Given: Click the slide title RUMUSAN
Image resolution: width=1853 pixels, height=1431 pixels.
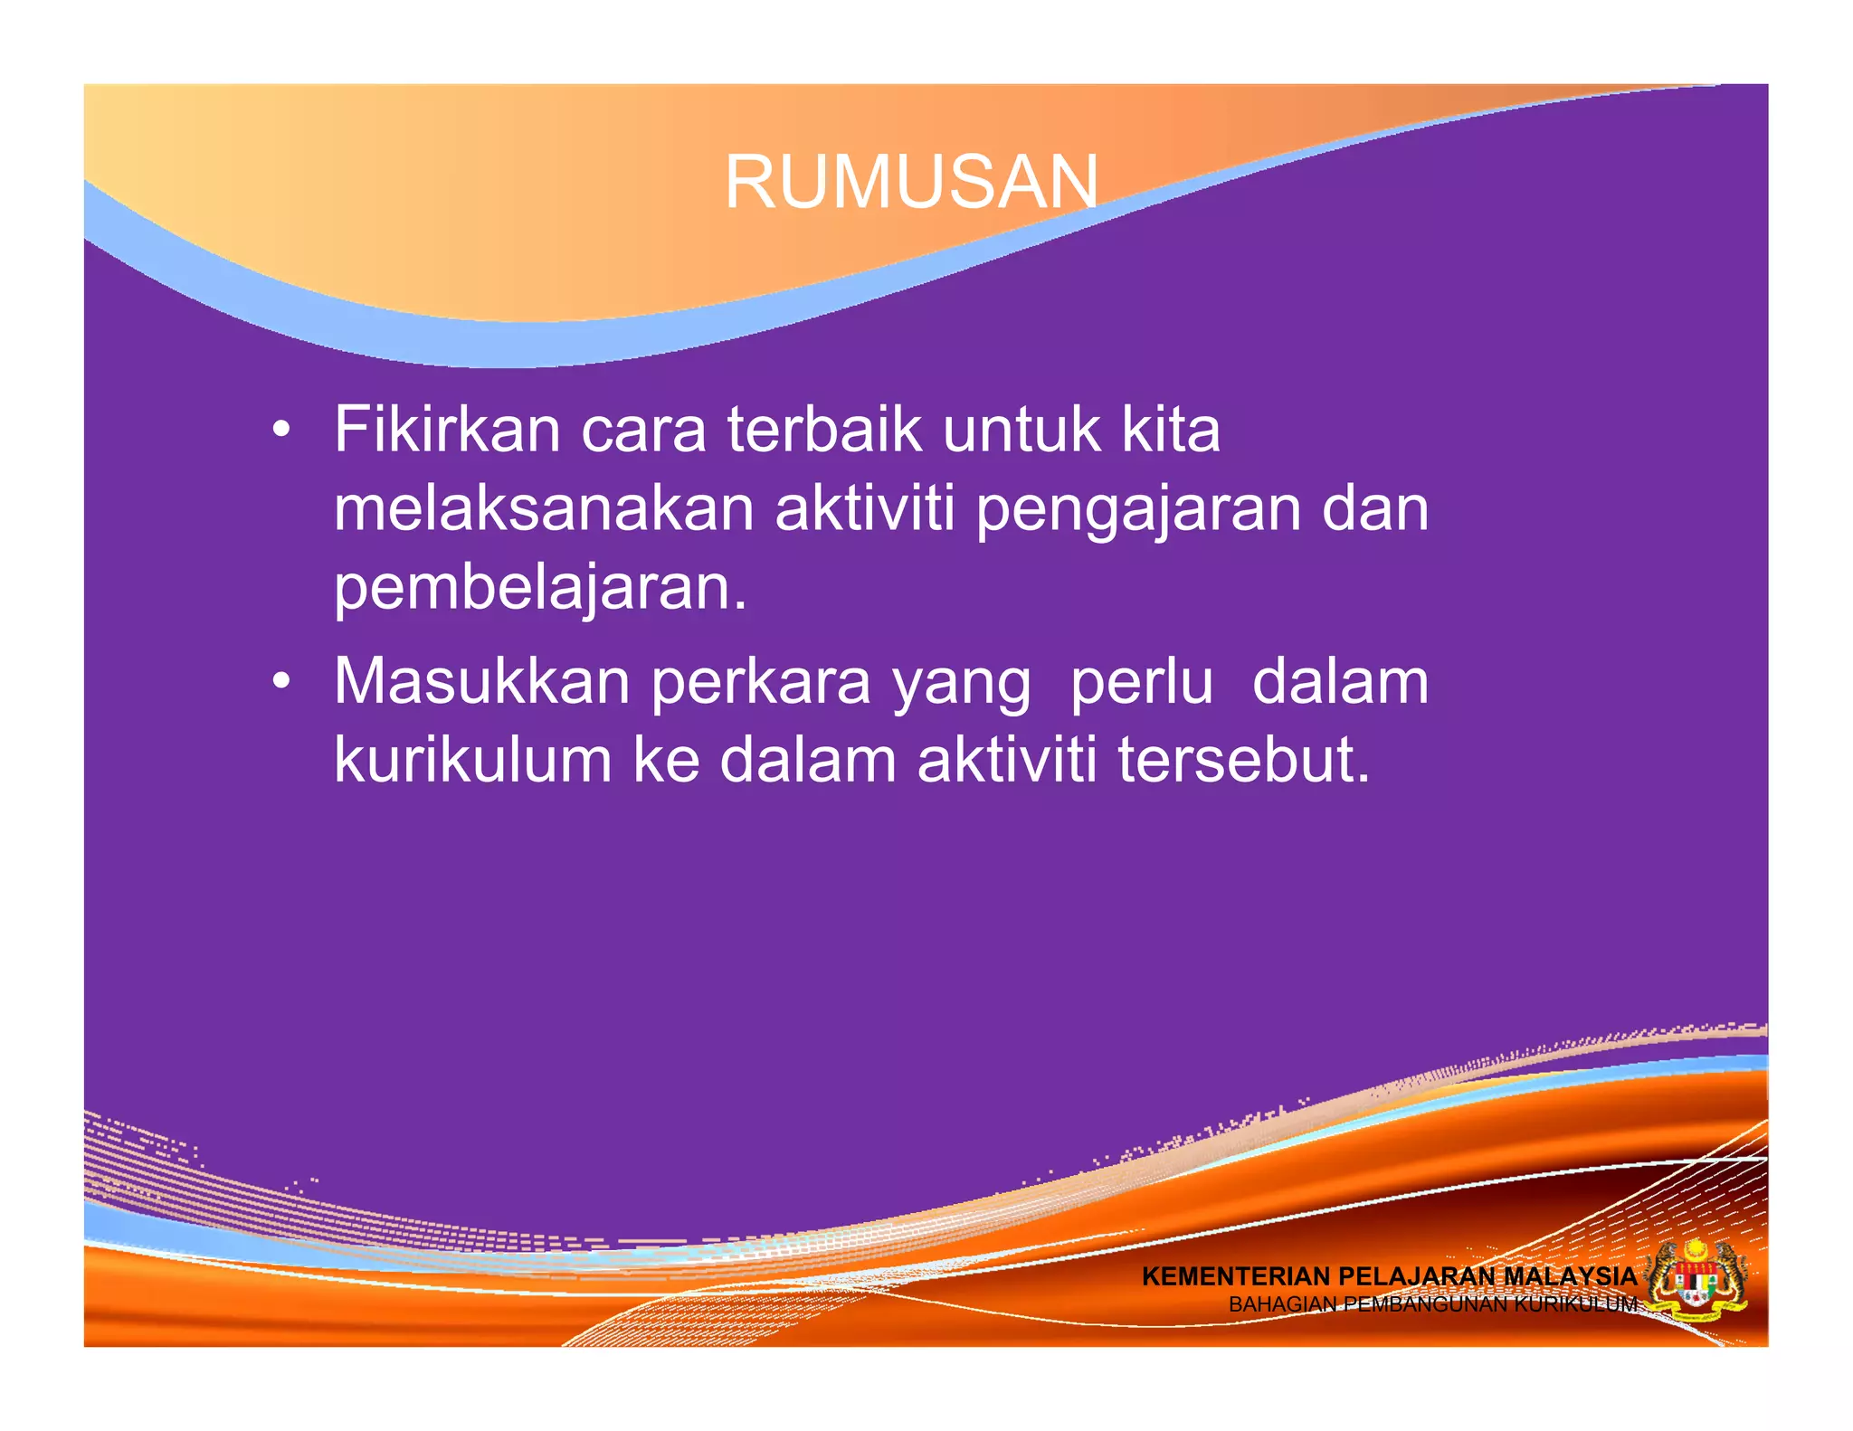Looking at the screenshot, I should coord(911,182).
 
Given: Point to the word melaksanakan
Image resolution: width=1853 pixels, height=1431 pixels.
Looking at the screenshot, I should coord(544,508).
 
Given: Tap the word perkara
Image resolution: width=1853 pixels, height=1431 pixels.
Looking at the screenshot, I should coord(761,683).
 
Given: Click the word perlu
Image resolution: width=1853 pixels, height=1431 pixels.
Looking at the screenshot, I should coord(1141,683).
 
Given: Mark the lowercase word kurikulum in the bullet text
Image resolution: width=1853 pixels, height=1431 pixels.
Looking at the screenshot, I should coord(472,760).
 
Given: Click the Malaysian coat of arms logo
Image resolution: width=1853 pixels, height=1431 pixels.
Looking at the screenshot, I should coord(1696,1283).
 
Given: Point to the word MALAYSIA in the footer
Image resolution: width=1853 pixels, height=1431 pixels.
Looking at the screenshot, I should coord(1570,1276).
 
